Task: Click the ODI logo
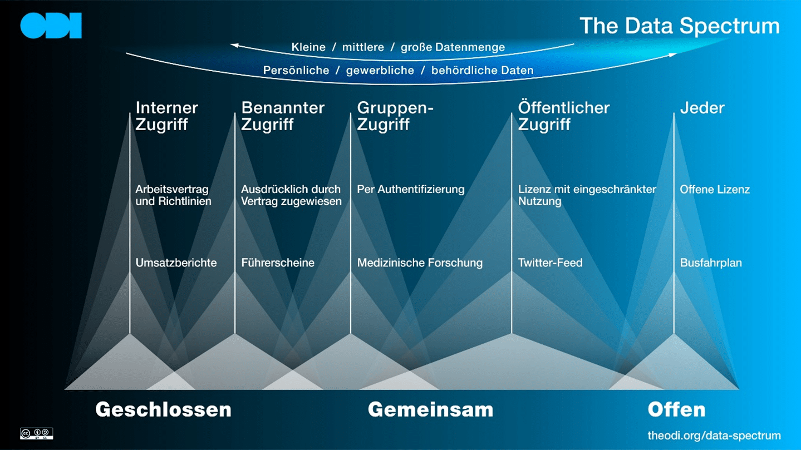tap(51, 26)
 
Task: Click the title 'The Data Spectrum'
tap(680, 26)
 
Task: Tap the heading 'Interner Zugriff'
tap(166, 116)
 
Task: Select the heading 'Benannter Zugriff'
tap(283, 116)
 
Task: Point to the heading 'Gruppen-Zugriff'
tap(395, 116)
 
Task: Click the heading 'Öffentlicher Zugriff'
tap(563, 116)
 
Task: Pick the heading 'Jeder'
tap(702, 108)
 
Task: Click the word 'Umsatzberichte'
tap(176, 263)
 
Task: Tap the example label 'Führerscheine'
tap(278, 263)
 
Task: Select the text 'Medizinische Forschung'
tap(420, 263)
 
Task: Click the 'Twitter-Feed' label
tap(551, 263)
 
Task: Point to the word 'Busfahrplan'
tap(711, 263)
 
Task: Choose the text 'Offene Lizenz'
tap(715, 189)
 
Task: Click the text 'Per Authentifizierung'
tap(411, 189)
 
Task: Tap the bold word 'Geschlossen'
tap(164, 409)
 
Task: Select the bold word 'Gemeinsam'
tap(430, 409)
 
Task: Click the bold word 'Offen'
tap(676, 409)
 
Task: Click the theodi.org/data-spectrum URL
tap(714, 436)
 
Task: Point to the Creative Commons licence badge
tap(37, 433)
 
